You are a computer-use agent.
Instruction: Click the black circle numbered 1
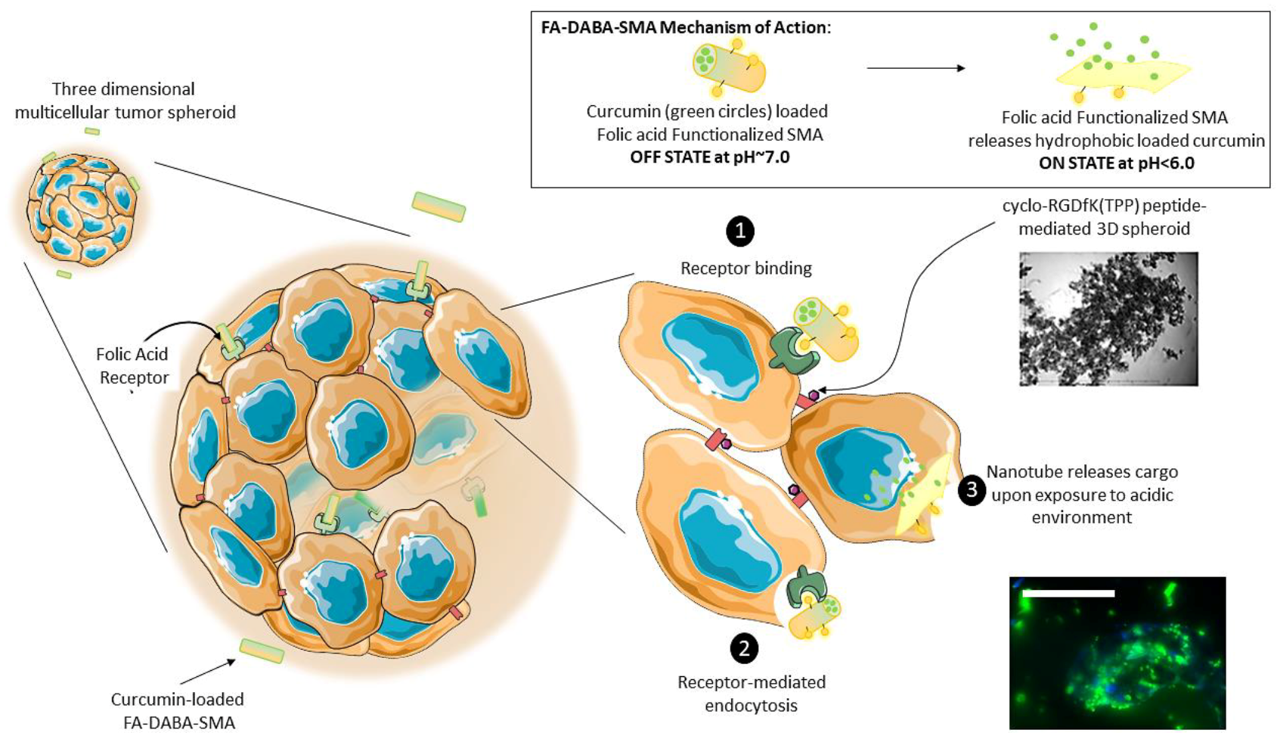[x=740, y=231]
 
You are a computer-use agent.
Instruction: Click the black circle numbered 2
[x=744, y=647]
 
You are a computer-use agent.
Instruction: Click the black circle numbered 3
[x=972, y=490]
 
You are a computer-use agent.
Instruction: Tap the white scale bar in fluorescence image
[x=1068, y=594]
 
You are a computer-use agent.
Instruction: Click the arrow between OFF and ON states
[x=916, y=68]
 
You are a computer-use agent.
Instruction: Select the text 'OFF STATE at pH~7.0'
[x=709, y=158]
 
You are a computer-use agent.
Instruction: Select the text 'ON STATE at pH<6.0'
[x=1116, y=163]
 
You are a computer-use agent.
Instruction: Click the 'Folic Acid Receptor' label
[x=132, y=365]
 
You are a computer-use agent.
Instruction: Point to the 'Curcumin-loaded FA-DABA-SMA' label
[x=178, y=710]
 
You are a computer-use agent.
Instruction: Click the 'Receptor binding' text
[x=745, y=268]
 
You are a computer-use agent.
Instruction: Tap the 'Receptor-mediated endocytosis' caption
[x=751, y=694]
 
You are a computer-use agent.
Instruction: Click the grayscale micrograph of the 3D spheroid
[x=1108, y=318]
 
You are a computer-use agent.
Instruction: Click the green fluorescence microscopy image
[x=1117, y=653]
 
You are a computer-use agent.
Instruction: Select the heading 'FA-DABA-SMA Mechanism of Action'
[x=685, y=27]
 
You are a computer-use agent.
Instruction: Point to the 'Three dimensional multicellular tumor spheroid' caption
[x=125, y=101]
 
